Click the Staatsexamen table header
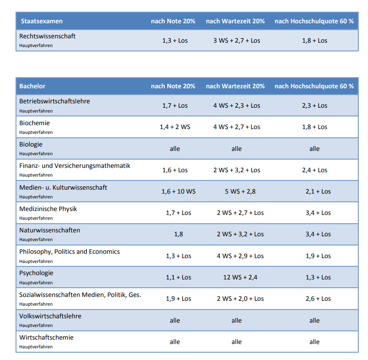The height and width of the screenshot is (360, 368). (42, 21)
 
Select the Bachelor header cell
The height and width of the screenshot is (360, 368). (32, 86)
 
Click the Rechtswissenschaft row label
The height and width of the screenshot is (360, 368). (48, 36)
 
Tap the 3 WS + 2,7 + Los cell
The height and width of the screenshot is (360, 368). (237, 41)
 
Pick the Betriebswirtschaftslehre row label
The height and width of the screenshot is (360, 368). (54, 101)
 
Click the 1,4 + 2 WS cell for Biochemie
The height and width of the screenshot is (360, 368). (175, 127)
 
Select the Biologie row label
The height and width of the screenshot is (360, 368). (31, 145)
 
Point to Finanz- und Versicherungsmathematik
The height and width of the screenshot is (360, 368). (75, 166)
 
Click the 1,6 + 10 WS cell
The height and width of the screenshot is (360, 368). (178, 191)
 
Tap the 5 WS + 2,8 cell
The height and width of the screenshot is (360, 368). (240, 191)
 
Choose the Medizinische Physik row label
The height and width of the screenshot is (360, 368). (48, 209)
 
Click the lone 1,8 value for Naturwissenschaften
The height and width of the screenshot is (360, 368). (178, 234)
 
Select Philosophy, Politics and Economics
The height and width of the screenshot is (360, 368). (69, 252)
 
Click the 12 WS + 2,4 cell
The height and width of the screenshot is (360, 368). (240, 278)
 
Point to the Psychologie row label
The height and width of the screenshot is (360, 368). (36, 273)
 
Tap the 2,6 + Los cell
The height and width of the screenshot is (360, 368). (318, 299)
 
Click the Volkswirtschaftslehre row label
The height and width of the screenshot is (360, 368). (50, 316)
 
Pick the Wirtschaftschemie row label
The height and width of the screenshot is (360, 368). (46, 338)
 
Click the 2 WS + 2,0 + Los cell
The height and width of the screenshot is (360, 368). (240, 299)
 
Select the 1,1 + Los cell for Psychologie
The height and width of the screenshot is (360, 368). (178, 278)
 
